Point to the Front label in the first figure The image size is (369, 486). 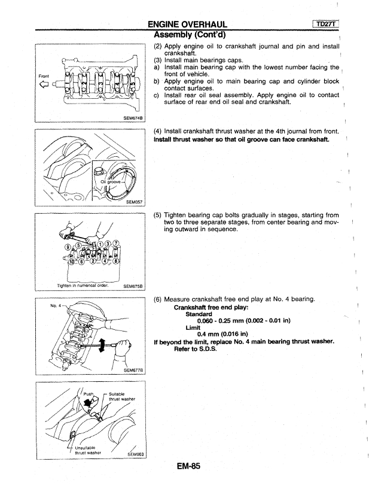44,76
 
